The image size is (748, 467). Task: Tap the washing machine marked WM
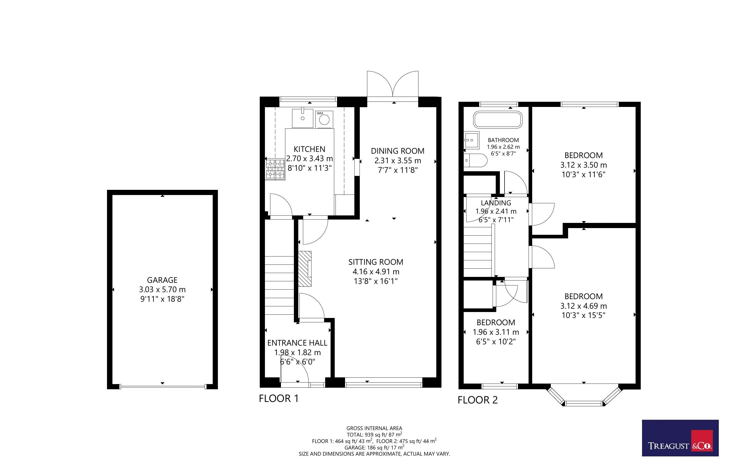tap(324, 120)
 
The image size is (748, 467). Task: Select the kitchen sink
tap(302, 118)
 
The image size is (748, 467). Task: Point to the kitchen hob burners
tap(275, 169)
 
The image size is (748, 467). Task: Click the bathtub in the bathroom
tap(498, 120)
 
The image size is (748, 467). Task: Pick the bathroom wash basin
tap(471, 140)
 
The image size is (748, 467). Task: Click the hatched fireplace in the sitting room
tap(305, 268)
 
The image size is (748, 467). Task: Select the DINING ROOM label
tap(398, 151)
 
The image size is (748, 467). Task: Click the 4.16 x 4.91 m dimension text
tap(376, 272)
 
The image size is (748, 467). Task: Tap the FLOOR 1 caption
tap(279, 399)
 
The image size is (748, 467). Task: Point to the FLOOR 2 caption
tap(478, 400)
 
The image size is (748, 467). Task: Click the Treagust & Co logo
tap(680, 438)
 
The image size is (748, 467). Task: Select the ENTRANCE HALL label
tap(297, 343)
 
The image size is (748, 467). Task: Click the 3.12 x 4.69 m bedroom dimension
tap(584, 306)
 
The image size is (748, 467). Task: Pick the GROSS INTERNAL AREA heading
tap(374, 428)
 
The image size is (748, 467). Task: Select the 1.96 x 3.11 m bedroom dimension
tap(496, 332)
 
